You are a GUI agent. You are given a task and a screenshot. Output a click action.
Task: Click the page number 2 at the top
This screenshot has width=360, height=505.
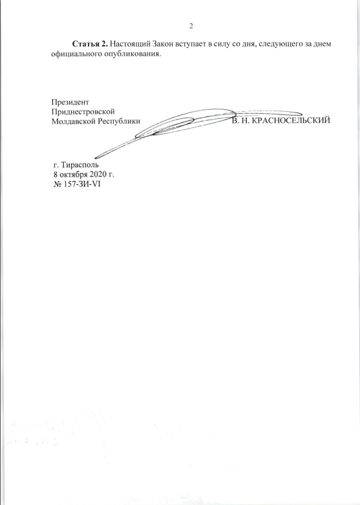tap(191, 27)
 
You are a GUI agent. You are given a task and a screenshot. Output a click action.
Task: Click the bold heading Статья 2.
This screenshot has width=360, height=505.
tap(90, 44)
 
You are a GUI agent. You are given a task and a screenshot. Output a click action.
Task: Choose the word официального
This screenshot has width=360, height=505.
tap(76, 54)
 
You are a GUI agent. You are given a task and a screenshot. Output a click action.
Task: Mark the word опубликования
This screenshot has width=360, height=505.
tap(132, 54)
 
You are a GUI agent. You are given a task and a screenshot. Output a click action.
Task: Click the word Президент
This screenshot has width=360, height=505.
tap(70, 102)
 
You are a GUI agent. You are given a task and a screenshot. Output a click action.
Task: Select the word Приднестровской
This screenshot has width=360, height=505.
tap(83, 112)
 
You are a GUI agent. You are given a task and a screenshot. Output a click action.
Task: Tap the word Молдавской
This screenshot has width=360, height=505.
tap(74, 122)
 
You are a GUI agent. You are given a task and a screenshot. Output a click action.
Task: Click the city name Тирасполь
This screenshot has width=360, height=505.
tap(80, 166)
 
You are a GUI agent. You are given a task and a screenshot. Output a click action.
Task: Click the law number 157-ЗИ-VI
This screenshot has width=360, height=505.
tap(82, 184)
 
